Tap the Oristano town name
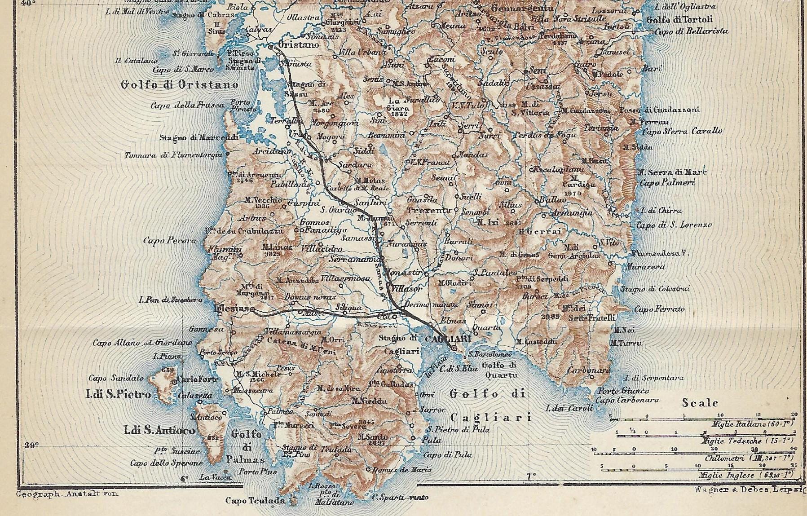pos(299,45)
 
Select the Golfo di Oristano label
pos(180,84)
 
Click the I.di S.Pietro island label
pos(118,395)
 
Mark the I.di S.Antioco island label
pos(159,431)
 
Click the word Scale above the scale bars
pos(700,403)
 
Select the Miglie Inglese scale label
pos(746,475)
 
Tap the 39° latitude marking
pos(31,445)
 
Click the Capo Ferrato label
pos(660,309)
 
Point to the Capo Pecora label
pos(169,241)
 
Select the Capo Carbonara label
pos(627,400)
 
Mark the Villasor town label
pos(406,289)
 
